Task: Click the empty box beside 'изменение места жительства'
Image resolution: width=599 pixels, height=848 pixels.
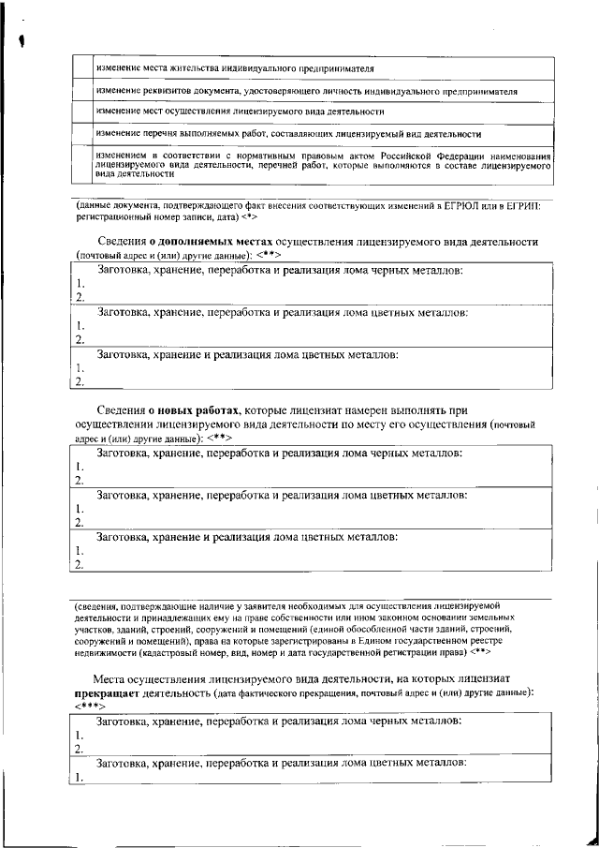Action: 81,69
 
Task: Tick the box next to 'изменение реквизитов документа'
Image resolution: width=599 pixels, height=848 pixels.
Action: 81,92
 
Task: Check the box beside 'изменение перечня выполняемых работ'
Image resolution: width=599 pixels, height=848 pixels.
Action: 81,134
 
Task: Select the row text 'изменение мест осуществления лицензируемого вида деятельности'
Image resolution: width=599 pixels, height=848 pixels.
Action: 240,112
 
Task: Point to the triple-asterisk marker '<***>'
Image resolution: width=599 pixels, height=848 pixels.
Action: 92,706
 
